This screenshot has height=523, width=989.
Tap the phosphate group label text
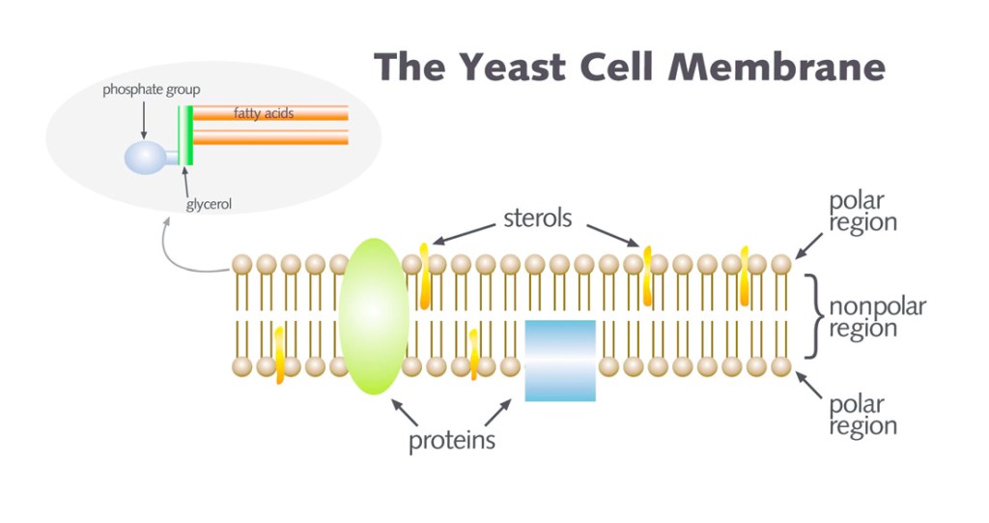pos(152,90)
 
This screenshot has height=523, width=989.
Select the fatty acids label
pos(264,113)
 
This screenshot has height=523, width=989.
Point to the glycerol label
pos(209,204)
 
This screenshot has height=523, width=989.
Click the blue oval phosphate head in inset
pos(145,158)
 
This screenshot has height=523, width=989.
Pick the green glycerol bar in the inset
pos(190,135)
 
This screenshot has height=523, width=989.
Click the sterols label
pos(537,218)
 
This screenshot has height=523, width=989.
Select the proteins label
pos(451,441)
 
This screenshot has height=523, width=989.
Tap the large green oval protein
pos(374,316)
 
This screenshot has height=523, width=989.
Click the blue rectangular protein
pos(560,360)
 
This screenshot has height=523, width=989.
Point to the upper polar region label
pos(862,212)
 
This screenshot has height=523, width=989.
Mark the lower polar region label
pos(862,415)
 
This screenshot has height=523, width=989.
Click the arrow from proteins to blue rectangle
pos(497,412)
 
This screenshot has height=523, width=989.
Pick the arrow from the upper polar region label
pos(809,246)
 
